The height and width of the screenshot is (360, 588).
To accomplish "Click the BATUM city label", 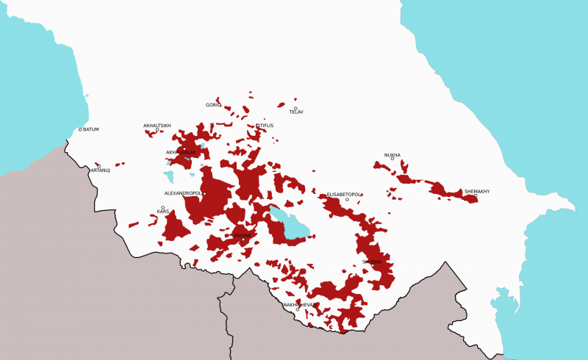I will tap(91, 129).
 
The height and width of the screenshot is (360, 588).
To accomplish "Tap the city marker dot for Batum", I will tap(80, 130).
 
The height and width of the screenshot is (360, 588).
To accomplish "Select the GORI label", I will tap(212, 105).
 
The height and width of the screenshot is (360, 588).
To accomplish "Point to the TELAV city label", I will tap(296, 112).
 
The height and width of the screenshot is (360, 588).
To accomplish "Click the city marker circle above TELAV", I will tap(295, 108).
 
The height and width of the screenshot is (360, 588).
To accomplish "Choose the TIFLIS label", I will tap(266, 126).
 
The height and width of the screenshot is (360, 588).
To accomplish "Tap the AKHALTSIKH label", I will tap(157, 126).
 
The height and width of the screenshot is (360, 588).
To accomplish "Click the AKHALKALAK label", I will tap(181, 152).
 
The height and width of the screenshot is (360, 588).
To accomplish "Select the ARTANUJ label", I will tap(100, 170).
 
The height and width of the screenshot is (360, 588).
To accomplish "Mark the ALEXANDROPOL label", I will tap(182, 193).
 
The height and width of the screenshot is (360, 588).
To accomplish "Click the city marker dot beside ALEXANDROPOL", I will tap(204, 194).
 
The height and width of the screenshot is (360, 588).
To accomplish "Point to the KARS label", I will tap(163, 212).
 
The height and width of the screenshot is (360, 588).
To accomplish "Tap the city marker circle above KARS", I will tap(162, 207).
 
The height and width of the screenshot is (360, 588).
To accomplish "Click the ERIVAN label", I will tap(243, 235).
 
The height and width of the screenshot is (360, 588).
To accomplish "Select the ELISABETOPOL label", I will tap(344, 195).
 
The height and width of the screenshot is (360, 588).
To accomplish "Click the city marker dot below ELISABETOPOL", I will tap(347, 199).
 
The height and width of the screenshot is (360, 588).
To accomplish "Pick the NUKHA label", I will tap(392, 155).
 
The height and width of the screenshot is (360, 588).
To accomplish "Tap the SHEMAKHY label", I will tap(477, 191).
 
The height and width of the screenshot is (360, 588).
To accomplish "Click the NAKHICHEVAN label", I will tap(300, 304).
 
